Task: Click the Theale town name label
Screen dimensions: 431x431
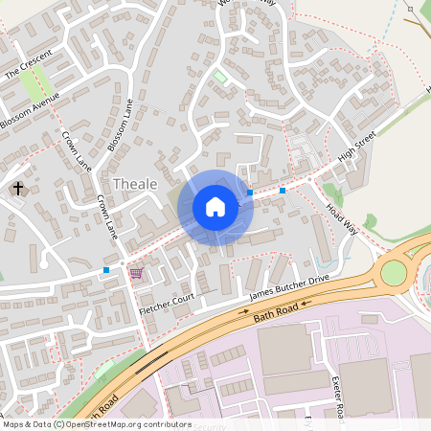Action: tap(135, 183)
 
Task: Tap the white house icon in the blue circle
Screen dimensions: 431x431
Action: tap(215, 206)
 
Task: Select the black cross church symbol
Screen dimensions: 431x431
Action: tap(18, 189)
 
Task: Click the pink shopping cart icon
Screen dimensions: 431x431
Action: tap(136, 273)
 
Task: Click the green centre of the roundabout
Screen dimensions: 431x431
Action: tap(394, 273)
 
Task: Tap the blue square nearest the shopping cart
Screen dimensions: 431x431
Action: tap(106, 271)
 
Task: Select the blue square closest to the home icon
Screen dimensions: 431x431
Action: tap(250, 193)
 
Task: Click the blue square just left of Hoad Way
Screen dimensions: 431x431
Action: tap(283, 191)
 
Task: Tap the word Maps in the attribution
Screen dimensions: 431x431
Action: tap(13, 424)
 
